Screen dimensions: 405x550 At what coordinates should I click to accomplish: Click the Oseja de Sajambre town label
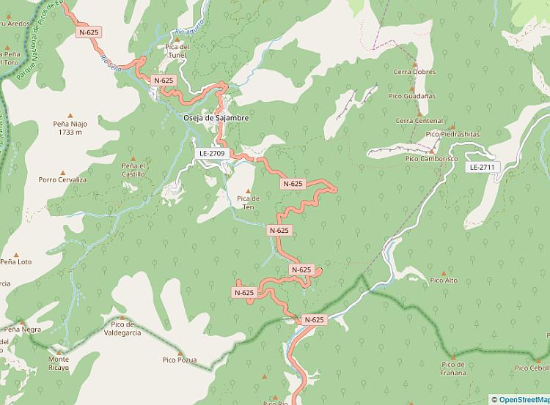(x=216, y=118)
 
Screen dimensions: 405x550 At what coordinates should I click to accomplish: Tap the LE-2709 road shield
(x=211, y=154)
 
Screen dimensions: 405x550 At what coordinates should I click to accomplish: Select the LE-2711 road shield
(x=482, y=167)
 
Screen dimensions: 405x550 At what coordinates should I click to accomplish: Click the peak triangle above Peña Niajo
(x=70, y=115)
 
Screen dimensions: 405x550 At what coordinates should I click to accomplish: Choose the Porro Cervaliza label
(x=62, y=179)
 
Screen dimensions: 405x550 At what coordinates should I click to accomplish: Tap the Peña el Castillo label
(x=133, y=170)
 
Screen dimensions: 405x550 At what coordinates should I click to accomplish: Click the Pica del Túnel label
(x=177, y=51)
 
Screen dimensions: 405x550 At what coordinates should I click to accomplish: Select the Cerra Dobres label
(x=414, y=72)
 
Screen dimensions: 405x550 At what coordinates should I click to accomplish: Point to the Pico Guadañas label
(x=412, y=96)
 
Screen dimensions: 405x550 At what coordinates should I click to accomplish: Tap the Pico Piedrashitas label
(x=452, y=134)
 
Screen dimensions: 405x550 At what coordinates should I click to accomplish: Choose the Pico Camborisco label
(x=431, y=158)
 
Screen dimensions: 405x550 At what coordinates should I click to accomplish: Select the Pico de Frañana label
(x=453, y=368)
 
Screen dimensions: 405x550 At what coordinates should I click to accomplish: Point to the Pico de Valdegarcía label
(x=122, y=328)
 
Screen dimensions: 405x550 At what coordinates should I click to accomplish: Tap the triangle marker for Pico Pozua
(x=179, y=352)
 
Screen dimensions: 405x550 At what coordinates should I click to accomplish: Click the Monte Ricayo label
(x=59, y=363)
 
